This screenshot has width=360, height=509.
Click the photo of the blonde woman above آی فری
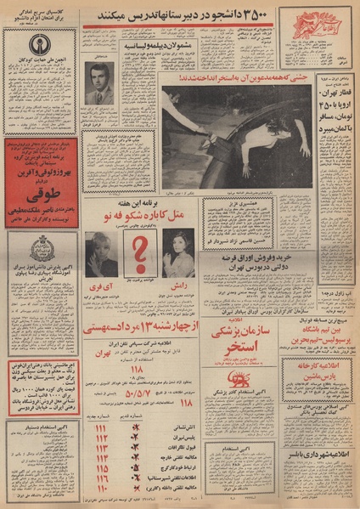(101, 253)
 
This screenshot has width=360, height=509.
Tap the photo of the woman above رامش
(179, 252)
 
